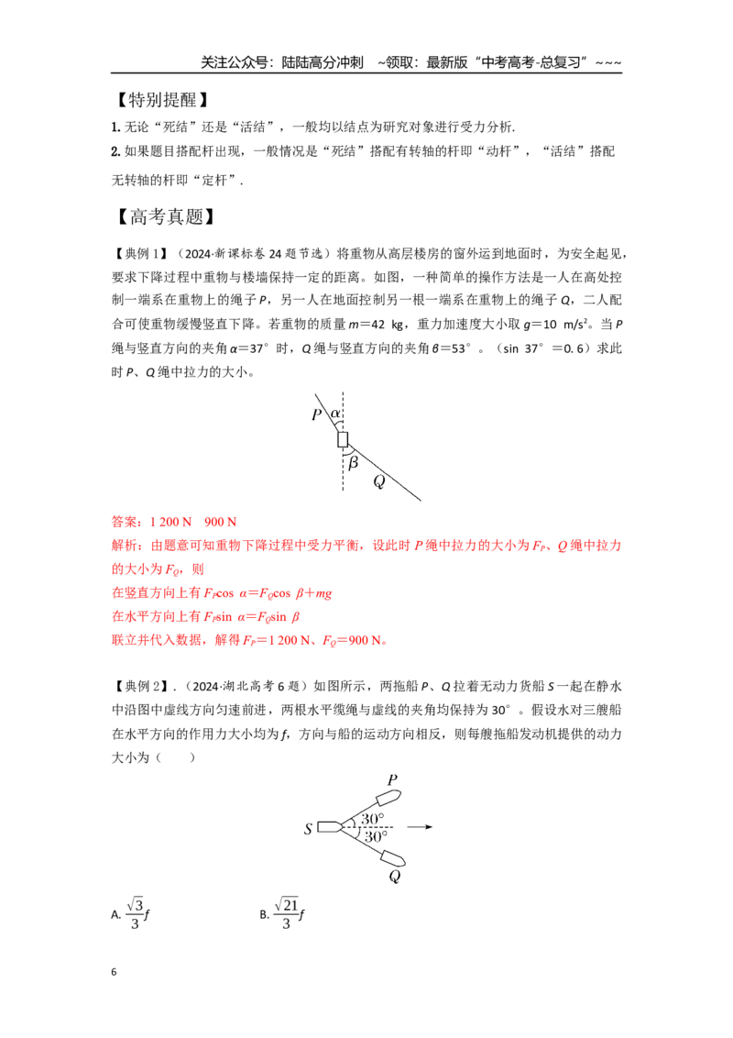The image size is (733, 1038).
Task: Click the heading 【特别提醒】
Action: [162, 100]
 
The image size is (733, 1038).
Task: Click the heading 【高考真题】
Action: [166, 216]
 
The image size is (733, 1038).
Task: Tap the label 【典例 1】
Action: [141, 254]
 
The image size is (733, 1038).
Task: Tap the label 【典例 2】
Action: [141, 686]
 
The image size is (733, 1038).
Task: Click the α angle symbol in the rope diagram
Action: [335, 413]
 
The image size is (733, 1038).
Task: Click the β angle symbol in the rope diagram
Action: [353, 462]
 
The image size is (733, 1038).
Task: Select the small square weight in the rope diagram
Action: [343, 439]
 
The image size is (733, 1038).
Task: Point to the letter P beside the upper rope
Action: [317, 414]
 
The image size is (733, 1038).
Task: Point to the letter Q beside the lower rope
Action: [379, 481]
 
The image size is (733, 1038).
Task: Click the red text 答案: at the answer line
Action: [127, 522]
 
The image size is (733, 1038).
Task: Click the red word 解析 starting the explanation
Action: [125, 546]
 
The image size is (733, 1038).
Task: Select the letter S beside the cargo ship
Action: [308, 828]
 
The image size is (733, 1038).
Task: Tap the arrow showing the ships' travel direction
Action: [420, 827]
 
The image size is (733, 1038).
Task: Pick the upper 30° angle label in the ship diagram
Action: [372, 818]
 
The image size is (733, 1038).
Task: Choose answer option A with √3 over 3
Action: [130, 913]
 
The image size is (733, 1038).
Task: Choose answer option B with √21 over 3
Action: [282, 913]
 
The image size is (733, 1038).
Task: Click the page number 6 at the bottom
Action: [114, 972]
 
